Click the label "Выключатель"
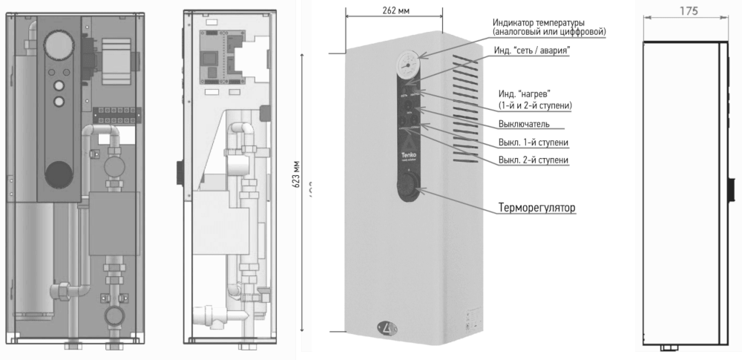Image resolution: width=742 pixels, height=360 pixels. pyautogui.click(x=523, y=123)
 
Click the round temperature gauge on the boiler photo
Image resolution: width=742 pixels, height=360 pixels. pyautogui.click(x=404, y=61)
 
